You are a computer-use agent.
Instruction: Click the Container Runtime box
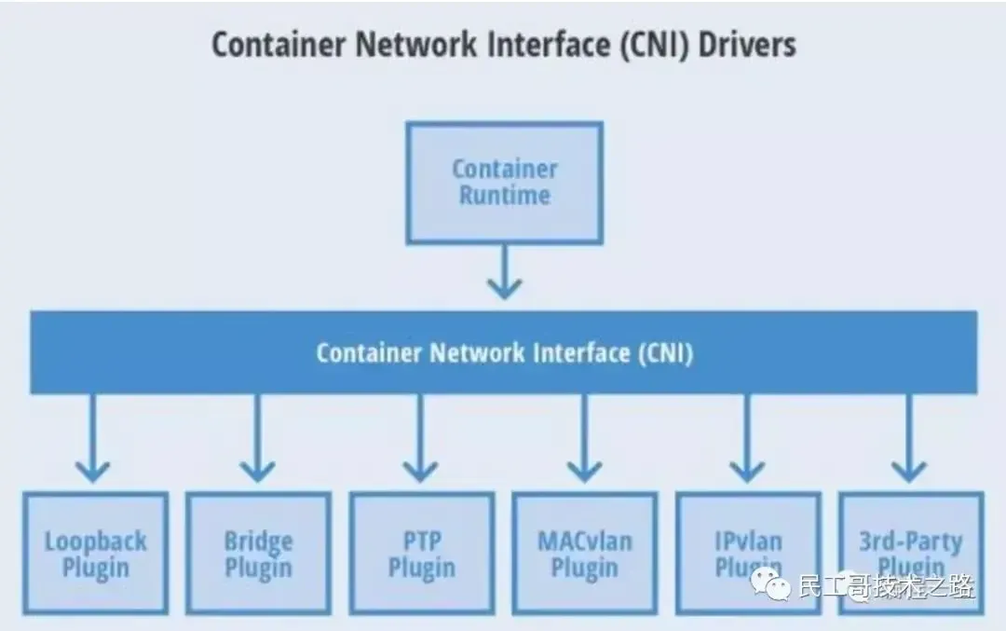(x=504, y=183)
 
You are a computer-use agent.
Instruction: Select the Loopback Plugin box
(x=96, y=554)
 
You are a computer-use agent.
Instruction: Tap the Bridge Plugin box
(x=258, y=554)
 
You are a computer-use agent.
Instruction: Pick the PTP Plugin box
(x=422, y=554)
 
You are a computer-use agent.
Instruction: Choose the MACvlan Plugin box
(x=585, y=554)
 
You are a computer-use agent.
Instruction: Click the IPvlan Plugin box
(x=748, y=554)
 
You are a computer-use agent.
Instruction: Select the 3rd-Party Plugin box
(x=911, y=554)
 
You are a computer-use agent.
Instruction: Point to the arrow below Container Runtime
(x=504, y=270)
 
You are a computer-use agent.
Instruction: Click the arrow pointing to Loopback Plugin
(x=92, y=438)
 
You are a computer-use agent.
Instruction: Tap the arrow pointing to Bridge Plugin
(x=257, y=438)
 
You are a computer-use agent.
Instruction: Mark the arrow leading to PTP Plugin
(x=420, y=438)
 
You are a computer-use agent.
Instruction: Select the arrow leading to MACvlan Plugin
(x=584, y=438)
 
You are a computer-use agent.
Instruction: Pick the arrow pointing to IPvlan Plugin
(x=747, y=438)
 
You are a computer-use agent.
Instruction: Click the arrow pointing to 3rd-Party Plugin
(x=909, y=438)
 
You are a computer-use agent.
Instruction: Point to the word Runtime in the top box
(x=504, y=196)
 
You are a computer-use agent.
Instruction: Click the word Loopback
(x=96, y=541)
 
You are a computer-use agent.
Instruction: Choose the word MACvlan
(x=585, y=541)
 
